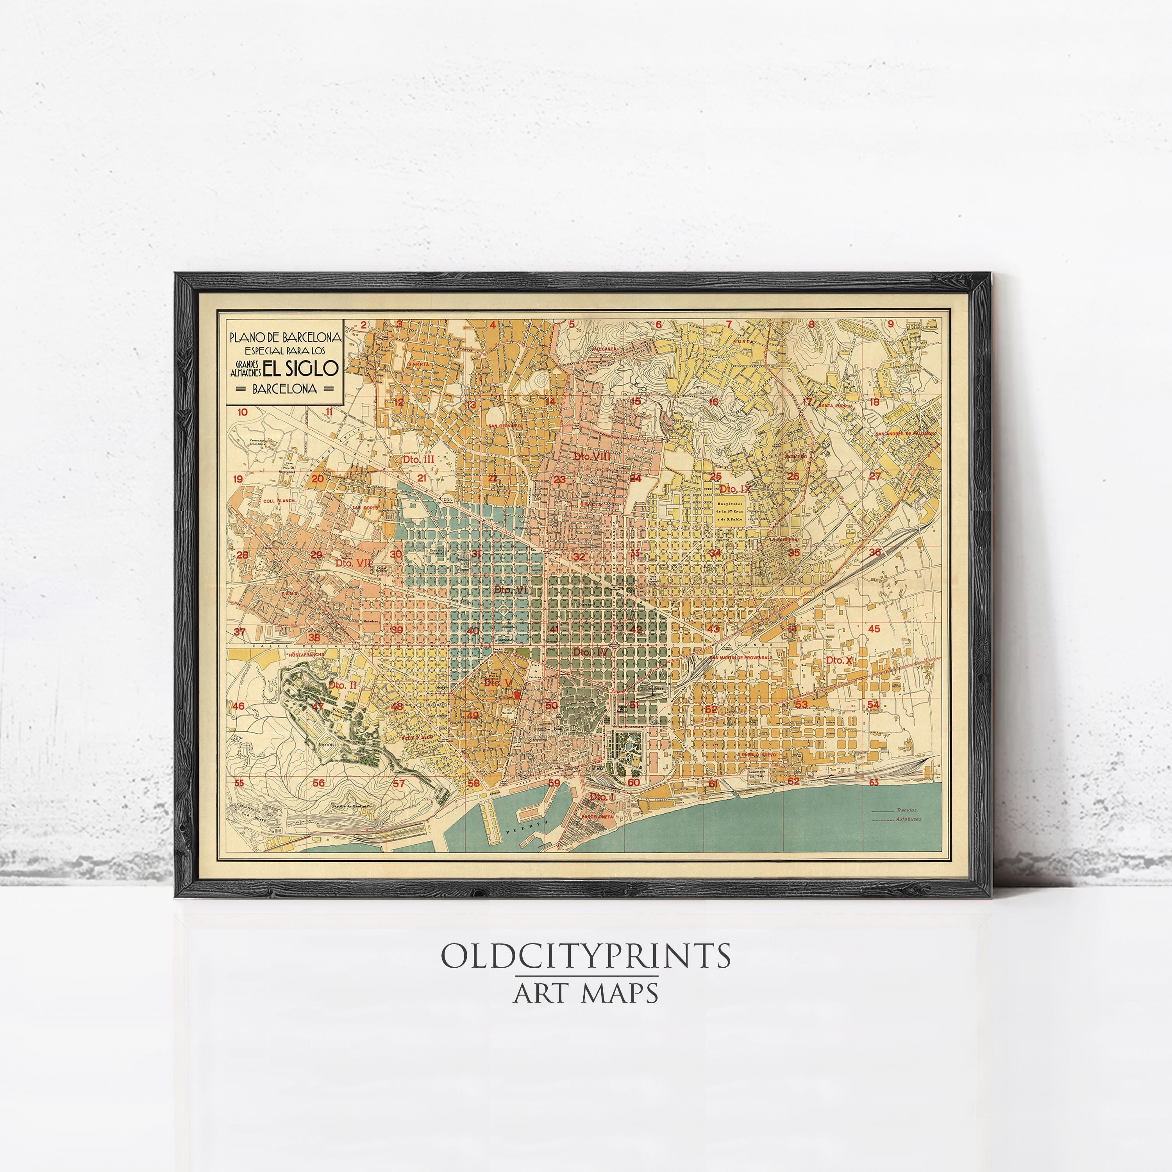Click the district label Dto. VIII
click(592, 456)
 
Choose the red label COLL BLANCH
click(279, 501)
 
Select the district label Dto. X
click(840, 659)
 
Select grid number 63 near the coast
click(874, 782)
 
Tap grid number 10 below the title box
click(243, 412)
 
